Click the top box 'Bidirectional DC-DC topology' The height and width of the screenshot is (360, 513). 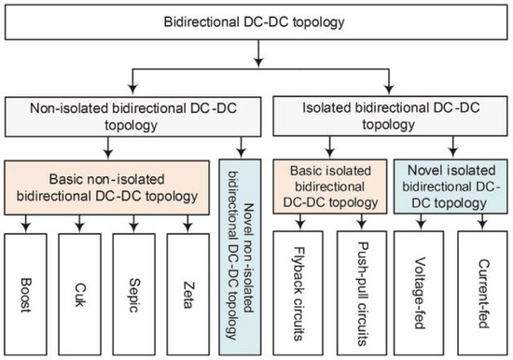coord(257,21)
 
